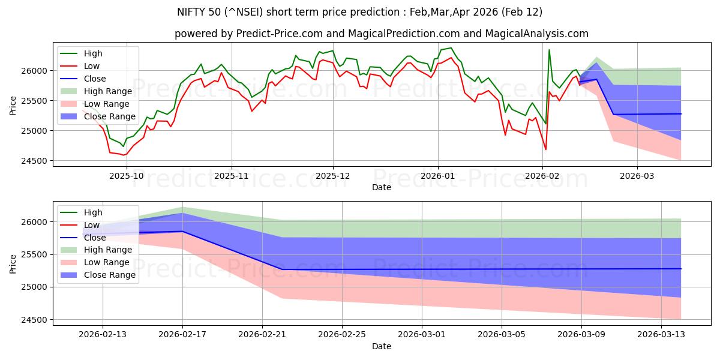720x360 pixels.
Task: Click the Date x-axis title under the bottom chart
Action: point(382,346)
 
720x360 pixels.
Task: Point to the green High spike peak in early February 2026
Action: point(549,50)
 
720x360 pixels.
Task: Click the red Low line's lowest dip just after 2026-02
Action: point(545,149)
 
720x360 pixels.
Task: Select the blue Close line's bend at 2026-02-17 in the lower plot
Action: point(182,232)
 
